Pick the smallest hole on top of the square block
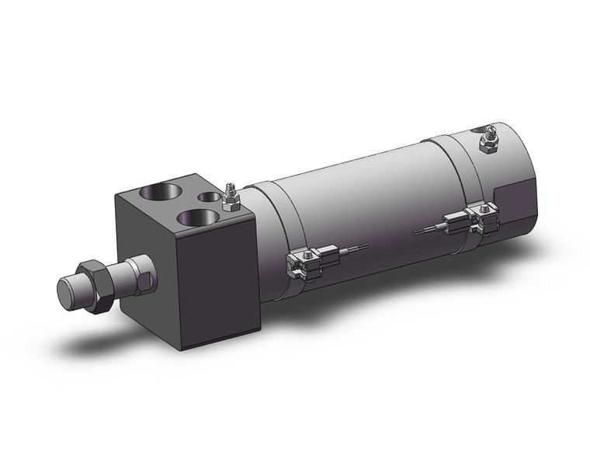208,197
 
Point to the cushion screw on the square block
230,199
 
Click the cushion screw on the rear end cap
491,141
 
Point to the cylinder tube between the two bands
365,194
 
